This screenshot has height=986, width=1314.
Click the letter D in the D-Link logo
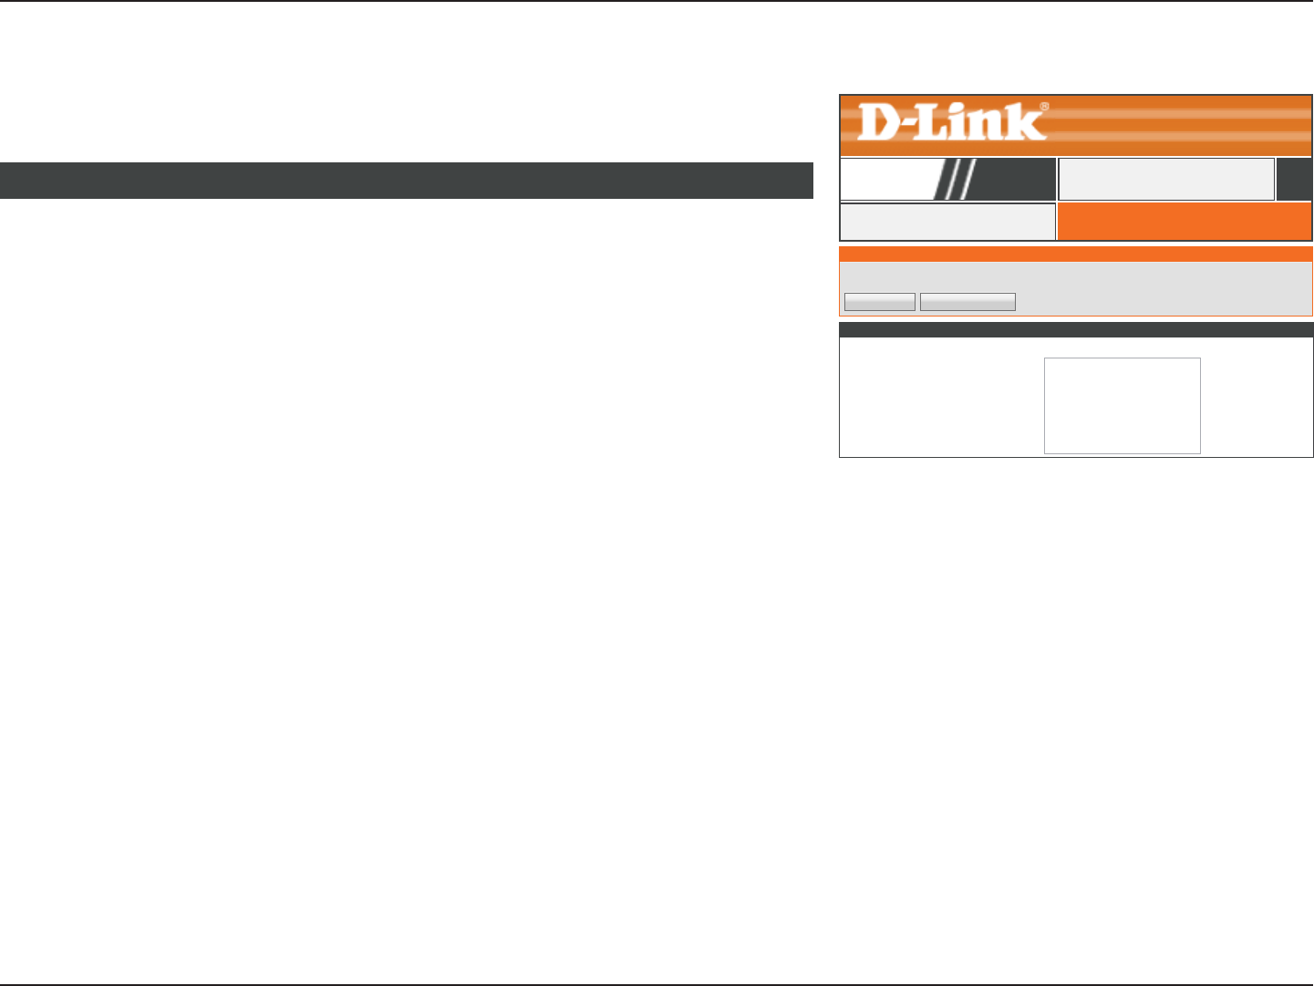879,123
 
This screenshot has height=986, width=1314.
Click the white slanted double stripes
957,179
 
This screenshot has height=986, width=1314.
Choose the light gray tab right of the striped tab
1166,179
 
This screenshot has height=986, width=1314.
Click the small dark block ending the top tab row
1294,179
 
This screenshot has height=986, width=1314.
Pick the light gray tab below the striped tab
947,222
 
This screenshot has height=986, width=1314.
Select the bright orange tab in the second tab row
1184,222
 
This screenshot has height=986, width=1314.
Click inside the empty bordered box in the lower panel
1122,405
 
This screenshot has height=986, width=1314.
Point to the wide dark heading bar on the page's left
406,181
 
